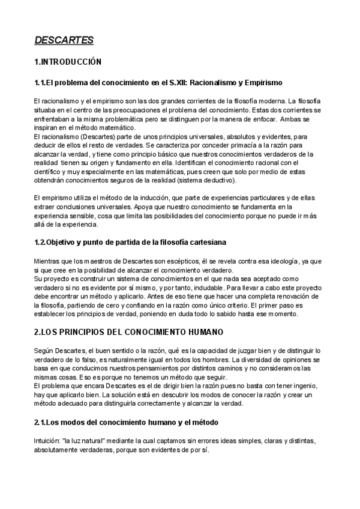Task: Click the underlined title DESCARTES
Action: pyautogui.click(x=64, y=40)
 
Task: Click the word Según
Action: pyautogui.click(x=44, y=350)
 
